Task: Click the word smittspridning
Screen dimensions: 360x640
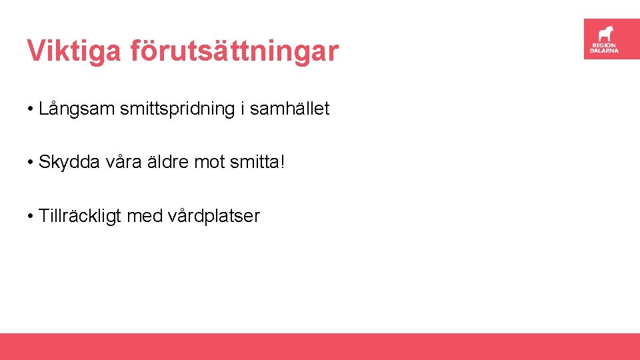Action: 176,109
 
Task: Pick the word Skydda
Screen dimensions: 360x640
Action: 67,162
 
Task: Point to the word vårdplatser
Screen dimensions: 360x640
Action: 214,216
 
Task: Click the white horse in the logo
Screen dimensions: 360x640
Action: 605,33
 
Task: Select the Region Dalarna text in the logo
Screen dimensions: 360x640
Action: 605,48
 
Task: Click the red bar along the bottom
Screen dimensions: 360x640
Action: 320,347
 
